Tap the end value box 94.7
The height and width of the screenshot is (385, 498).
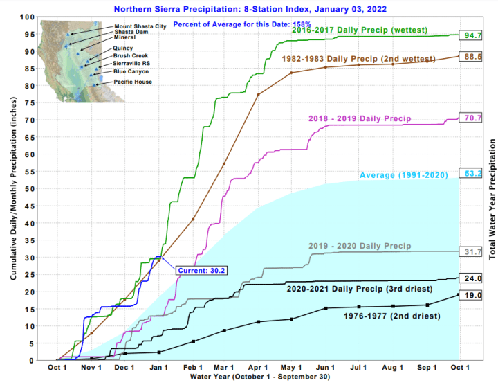(473, 35)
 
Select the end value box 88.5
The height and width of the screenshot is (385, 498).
(473, 57)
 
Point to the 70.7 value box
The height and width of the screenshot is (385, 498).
(473, 118)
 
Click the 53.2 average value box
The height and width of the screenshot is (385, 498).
(473, 174)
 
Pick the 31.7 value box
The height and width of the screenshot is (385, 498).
(473, 251)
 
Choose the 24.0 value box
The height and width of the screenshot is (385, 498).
(473, 278)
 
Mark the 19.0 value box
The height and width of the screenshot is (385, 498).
(473, 295)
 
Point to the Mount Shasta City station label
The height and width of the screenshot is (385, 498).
(140, 26)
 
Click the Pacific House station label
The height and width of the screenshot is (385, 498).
(133, 82)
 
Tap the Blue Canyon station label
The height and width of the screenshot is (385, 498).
(131, 71)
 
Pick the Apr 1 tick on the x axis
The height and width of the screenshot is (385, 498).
(257, 367)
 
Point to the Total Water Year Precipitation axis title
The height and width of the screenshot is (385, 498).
(492, 199)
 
